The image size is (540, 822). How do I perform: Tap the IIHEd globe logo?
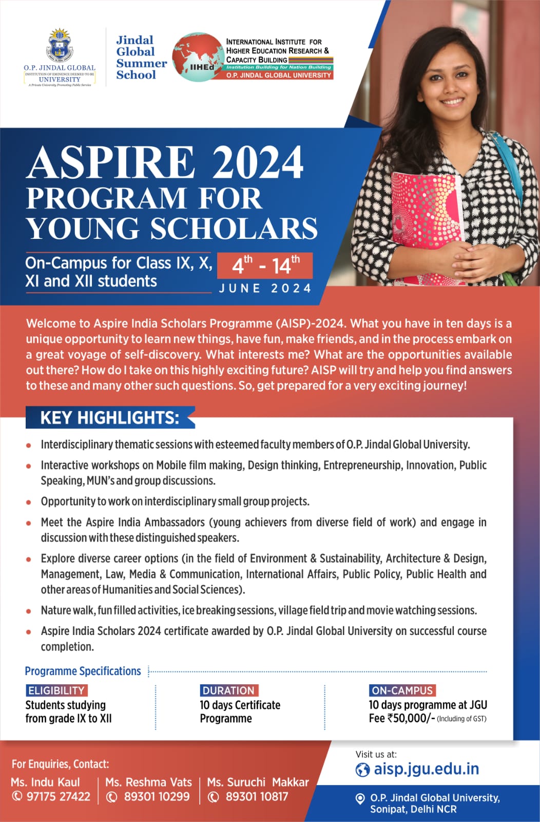(197, 58)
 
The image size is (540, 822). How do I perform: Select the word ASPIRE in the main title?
(110, 162)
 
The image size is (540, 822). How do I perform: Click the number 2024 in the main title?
(257, 162)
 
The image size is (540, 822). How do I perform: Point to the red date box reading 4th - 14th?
(265, 265)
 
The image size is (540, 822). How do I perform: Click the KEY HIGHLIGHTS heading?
(110, 418)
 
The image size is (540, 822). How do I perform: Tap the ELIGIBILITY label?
(56, 690)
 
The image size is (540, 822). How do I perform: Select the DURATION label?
(228, 690)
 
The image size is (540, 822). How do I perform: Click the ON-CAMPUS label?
(402, 690)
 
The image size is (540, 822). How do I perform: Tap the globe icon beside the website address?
(362, 770)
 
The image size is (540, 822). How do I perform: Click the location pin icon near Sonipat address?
(360, 799)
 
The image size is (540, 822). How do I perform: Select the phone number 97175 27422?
(58, 797)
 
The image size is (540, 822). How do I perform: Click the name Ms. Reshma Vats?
(148, 782)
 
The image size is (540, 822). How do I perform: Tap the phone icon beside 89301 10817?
(213, 797)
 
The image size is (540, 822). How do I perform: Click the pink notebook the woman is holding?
(426, 216)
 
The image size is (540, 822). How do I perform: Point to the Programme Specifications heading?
(83, 671)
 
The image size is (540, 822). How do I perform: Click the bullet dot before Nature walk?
(29, 611)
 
